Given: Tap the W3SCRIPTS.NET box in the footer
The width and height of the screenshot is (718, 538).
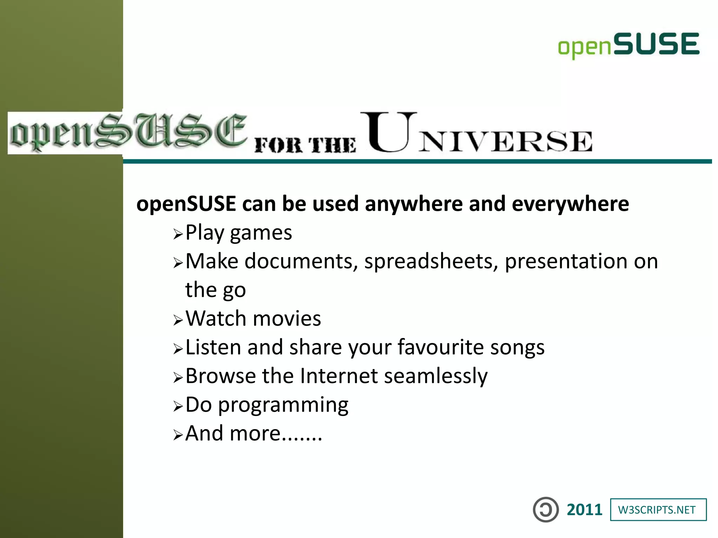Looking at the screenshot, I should click(x=658, y=510).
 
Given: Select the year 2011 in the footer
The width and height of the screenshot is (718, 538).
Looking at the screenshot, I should click(x=584, y=510).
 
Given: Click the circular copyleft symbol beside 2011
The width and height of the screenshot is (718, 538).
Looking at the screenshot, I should click(x=546, y=510).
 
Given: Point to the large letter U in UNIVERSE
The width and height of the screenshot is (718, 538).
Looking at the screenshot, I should click(x=388, y=132).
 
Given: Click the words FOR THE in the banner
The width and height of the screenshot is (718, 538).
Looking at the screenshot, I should click(x=305, y=144).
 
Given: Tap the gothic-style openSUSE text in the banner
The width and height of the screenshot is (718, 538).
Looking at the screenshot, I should click(x=128, y=133).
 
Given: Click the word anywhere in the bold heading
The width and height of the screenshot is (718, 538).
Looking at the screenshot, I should click(x=414, y=204).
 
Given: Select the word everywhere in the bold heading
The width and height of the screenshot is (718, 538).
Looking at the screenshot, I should click(x=570, y=204).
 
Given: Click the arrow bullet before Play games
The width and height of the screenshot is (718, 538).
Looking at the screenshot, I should click(x=178, y=234).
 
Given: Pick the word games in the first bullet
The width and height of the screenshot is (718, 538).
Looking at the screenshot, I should click(x=260, y=233).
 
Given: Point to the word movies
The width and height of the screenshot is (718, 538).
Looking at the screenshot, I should click(x=286, y=319).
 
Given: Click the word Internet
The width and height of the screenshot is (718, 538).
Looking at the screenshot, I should click(x=339, y=376).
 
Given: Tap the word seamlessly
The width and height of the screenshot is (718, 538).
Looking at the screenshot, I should click(x=435, y=377).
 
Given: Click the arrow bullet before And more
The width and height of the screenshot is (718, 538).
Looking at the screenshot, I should click(x=178, y=435).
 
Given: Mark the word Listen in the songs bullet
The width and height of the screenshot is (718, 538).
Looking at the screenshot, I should click(x=213, y=347).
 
